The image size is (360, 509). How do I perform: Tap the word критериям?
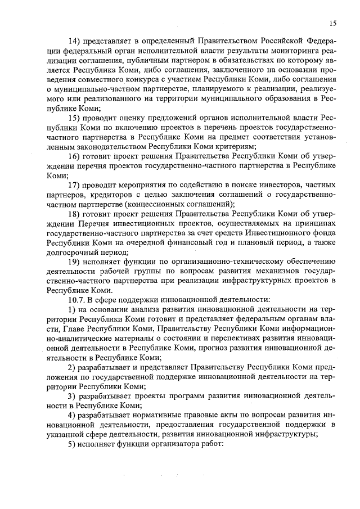[232, 146]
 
